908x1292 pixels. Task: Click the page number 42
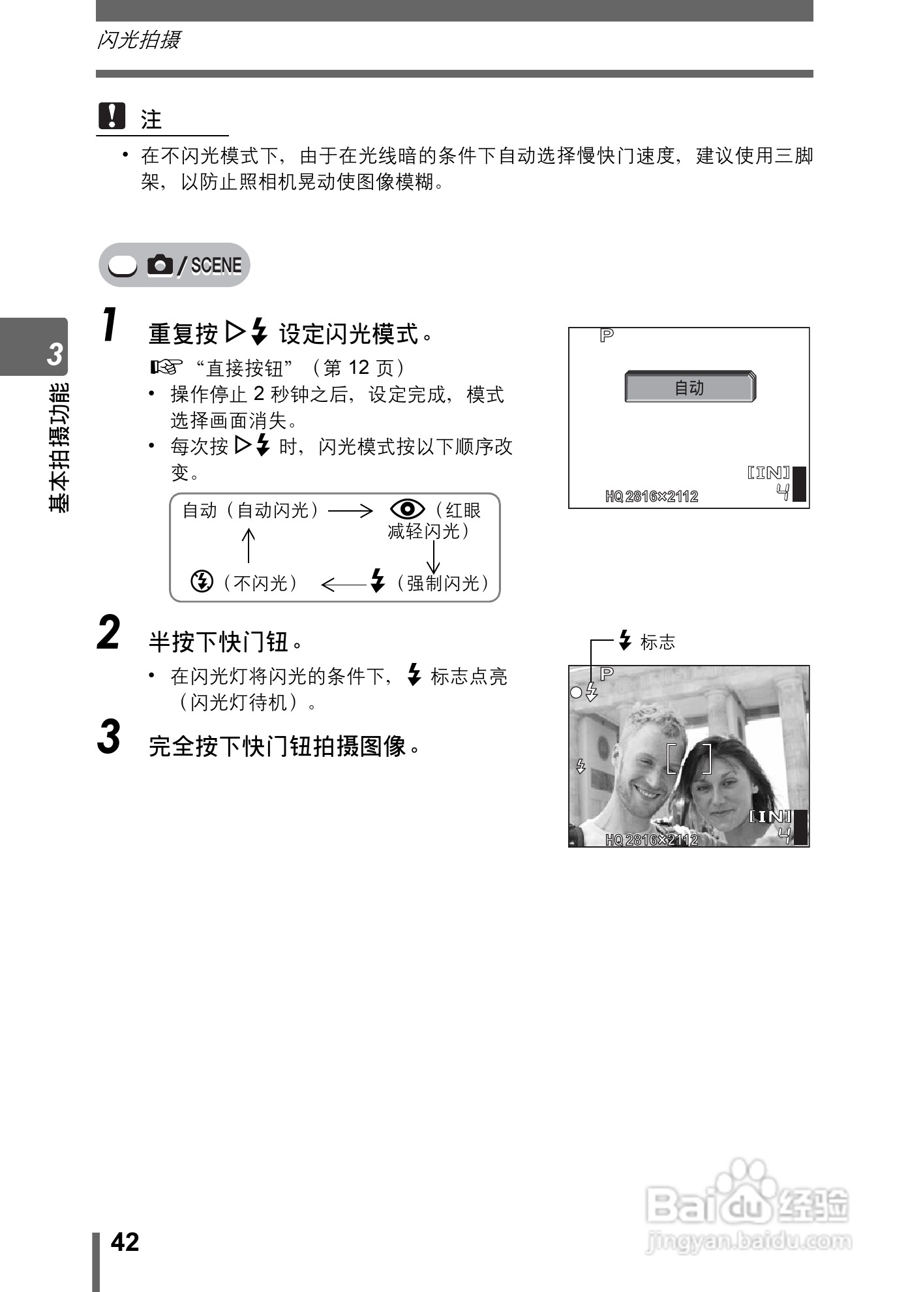(x=125, y=1242)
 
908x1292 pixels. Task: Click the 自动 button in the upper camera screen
(x=689, y=388)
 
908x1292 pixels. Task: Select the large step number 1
(x=110, y=326)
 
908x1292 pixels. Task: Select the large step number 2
(x=109, y=632)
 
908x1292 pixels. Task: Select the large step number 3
(x=109, y=737)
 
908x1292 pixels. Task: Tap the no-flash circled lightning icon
(x=202, y=580)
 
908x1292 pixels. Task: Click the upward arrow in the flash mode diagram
(x=248, y=545)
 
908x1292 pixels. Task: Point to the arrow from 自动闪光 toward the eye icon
(x=350, y=510)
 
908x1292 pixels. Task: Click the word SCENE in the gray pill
(x=216, y=266)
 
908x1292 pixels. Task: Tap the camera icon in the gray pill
(x=160, y=265)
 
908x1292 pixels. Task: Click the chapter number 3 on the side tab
(x=54, y=354)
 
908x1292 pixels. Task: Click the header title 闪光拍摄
(x=138, y=40)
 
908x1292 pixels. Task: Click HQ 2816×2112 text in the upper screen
(x=651, y=497)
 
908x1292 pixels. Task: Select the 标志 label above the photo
(x=658, y=642)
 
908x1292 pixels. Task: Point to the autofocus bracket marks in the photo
(x=689, y=758)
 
